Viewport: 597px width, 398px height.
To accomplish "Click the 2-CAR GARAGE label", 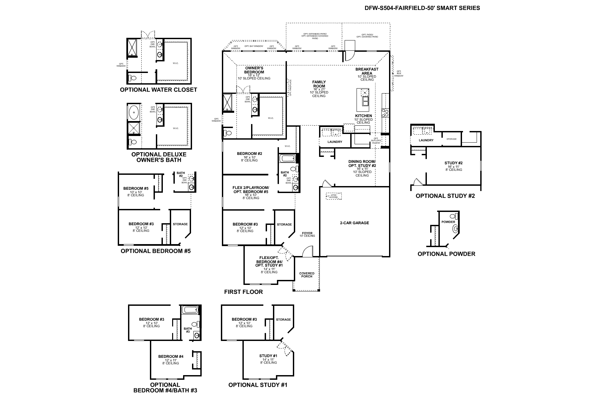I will pos(354,223).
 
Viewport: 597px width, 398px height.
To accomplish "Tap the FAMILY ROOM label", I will pos(319,84).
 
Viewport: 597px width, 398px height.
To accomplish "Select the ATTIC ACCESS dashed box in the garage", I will pos(333,196).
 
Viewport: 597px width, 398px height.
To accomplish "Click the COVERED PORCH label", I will pos(307,275).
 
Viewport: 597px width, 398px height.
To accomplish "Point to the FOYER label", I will pos(307,233).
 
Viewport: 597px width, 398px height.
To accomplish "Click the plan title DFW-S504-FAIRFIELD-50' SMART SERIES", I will pos(422,8).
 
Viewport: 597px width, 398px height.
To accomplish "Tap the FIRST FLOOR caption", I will pos(243,292).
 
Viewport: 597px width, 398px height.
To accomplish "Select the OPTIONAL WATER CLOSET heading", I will pos(159,90).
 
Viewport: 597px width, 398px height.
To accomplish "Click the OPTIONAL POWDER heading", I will pos(446,254).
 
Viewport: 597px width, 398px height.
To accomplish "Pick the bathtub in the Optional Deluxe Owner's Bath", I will pos(134,113).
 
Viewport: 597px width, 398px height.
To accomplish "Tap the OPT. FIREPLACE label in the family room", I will pos(290,87).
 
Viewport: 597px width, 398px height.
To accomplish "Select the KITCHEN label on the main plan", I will pos(363,116).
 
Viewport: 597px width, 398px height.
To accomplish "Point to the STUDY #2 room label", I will pos(453,163).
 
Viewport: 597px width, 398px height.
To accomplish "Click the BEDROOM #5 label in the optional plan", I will pos(136,188).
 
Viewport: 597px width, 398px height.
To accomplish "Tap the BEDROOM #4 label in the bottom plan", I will pos(170,357).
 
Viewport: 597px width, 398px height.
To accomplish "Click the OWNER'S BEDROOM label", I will pos(254,70).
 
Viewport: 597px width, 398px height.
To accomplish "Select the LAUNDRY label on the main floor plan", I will pos(335,142).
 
